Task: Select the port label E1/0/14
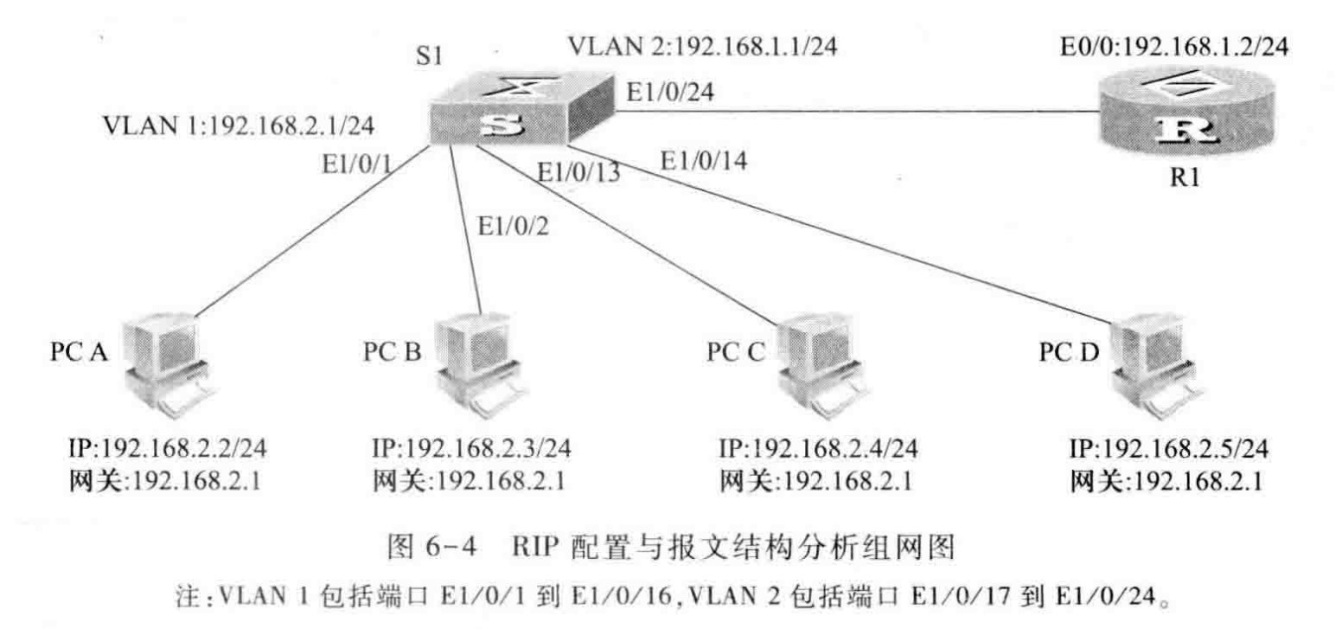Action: click(703, 160)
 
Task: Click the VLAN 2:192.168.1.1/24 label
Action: click(702, 44)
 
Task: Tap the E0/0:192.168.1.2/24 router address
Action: click(1174, 46)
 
